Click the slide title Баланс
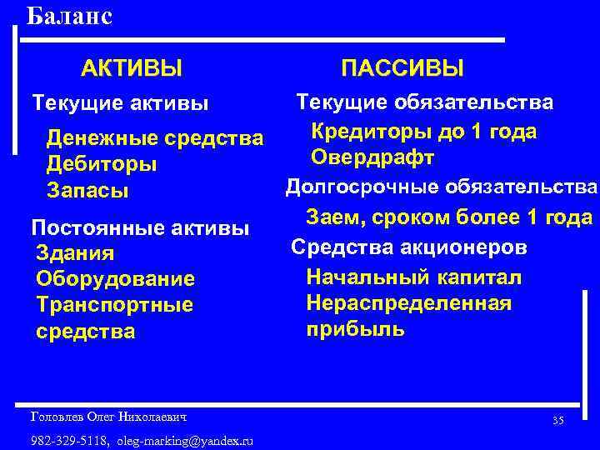(69, 16)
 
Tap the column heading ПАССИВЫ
(403, 67)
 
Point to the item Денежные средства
(155, 137)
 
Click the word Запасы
(87, 191)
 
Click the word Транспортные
(115, 305)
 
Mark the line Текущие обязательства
(425, 102)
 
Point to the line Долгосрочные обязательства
(442, 186)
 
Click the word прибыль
(356, 328)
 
